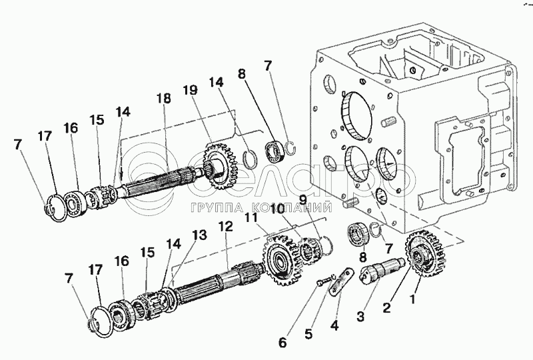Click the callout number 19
point(190,90)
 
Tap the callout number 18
point(163,99)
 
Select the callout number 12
point(226,226)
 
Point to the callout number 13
point(199,235)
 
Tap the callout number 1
point(412,299)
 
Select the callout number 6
point(282,342)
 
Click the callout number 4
point(334,325)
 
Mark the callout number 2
point(386,308)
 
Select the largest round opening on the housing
point(356,115)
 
